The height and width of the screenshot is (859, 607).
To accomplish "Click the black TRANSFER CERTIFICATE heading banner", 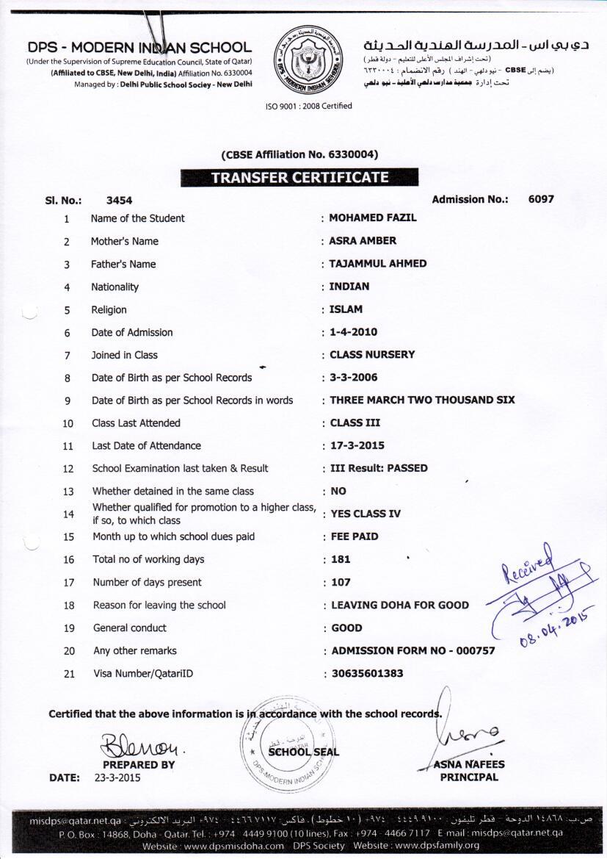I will pyautogui.click(x=299, y=177).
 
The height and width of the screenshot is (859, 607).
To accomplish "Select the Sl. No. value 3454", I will pyautogui.click(x=119, y=200).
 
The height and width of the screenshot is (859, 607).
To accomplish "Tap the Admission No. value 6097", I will pyautogui.click(x=541, y=199).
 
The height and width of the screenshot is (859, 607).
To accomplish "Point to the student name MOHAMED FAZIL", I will pyautogui.click(x=372, y=218).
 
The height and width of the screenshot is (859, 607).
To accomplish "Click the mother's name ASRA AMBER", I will pyautogui.click(x=363, y=241).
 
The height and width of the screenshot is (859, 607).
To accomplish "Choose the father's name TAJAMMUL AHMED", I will pyautogui.click(x=377, y=264).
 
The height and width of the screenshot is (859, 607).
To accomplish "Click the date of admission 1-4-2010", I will pyautogui.click(x=354, y=332).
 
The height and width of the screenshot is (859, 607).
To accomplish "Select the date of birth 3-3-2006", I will pyautogui.click(x=354, y=378).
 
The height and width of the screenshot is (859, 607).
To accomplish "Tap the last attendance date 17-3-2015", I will pyautogui.click(x=357, y=445).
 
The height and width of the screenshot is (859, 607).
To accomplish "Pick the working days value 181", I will pyautogui.click(x=341, y=559).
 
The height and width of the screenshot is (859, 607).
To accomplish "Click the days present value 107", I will pyautogui.click(x=341, y=582).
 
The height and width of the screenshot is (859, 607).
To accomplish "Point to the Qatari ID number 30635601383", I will pyautogui.click(x=367, y=673).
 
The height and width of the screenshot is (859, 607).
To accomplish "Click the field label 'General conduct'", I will pyautogui.click(x=130, y=628).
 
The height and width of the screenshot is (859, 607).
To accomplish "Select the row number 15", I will pyautogui.click(x=69, y=537).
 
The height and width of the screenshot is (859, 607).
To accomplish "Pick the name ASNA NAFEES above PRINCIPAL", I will pyautogui.click(x=469, y=764).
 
